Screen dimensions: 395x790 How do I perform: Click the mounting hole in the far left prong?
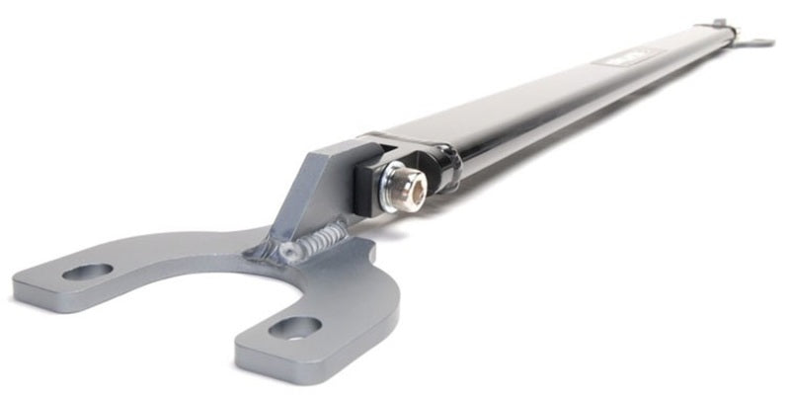[x=87, y=271]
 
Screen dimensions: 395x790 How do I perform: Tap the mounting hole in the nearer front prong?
[x=295, y=327]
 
